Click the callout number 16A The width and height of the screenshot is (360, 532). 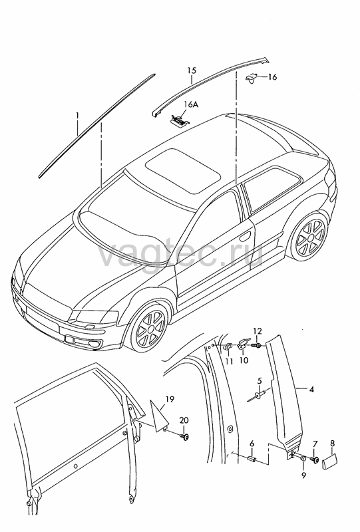tap(191, 104)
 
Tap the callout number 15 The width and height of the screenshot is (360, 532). tap(192, 70)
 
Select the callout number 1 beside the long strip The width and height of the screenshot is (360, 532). tap(77, 116)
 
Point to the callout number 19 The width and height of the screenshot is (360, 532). tap(170, 400)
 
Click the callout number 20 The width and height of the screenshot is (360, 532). tap(184, 420)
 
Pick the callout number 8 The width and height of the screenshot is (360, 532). tap(332, 443)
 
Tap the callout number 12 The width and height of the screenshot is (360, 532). tap(258, 331)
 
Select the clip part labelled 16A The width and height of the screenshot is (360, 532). tap(179, 120)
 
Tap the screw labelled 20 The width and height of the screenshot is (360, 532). tap(185, 436)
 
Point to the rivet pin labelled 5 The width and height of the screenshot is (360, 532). tap(258, 396)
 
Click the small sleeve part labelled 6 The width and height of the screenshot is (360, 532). tap(252, 458)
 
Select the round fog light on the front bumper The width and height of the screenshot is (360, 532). tap(92, 345)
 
